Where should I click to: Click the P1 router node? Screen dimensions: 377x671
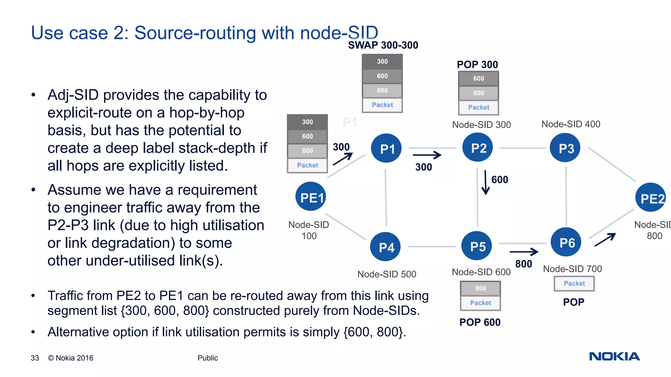point(386,149)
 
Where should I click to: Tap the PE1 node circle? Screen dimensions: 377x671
point(311,197)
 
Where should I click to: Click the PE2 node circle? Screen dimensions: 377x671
point(651,198)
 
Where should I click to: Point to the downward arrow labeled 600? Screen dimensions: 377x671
point(486,182)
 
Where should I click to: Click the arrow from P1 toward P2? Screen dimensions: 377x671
point(427,155)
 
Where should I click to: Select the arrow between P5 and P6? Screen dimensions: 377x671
point(524,252)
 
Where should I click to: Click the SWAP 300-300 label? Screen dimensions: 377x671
point(383,45)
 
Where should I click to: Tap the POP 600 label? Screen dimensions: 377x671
point(480,322)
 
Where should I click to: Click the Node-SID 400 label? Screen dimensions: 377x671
point(571,124)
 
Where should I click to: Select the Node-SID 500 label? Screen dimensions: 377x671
point(387,274)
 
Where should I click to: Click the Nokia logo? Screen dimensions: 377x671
point(614,356)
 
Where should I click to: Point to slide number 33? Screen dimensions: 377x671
point(35,358)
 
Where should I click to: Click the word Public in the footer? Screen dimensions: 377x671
point(207,358)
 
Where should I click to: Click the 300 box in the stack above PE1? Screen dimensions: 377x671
point(307,122)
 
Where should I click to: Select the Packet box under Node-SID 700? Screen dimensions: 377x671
point(574,283)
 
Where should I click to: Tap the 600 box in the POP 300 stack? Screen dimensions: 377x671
point(478,79)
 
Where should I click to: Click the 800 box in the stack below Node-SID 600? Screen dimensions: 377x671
point(480,288)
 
